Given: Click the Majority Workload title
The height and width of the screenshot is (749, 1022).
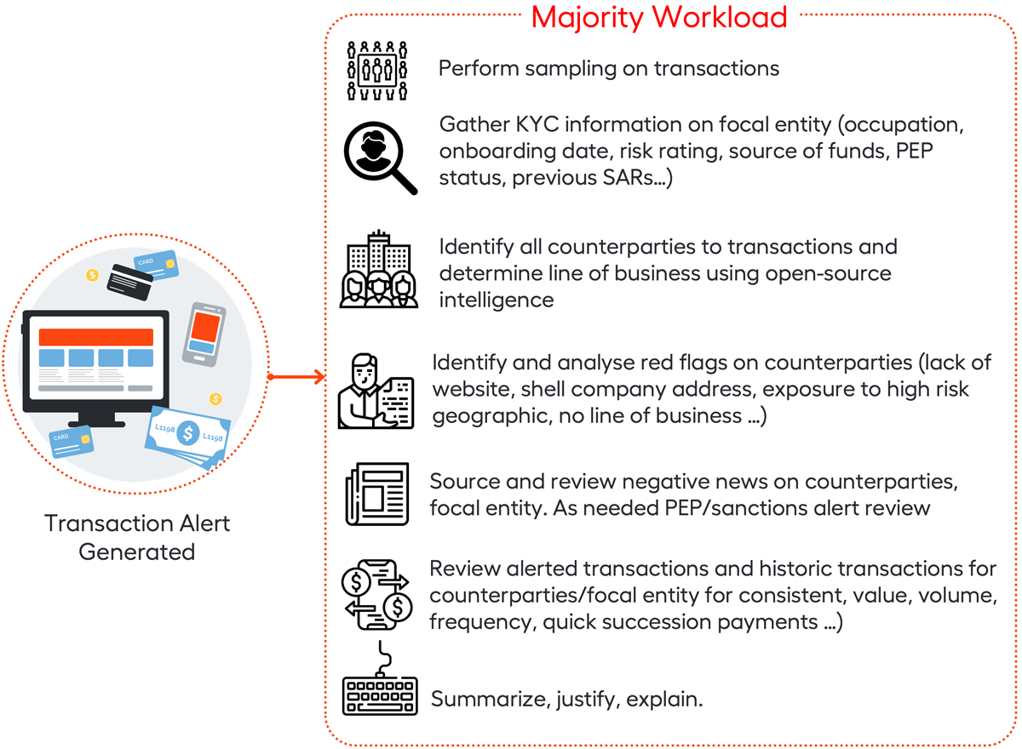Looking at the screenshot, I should pos(659,17).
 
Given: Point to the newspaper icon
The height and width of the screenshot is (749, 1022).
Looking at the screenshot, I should pos(376,494).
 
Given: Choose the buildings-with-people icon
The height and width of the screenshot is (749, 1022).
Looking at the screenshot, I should pos(378,270).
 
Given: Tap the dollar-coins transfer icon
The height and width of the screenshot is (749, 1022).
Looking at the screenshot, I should pos(376,592).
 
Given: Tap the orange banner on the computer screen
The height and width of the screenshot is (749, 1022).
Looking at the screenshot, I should pos(95,336).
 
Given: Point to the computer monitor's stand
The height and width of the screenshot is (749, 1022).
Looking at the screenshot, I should pos(96,417).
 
